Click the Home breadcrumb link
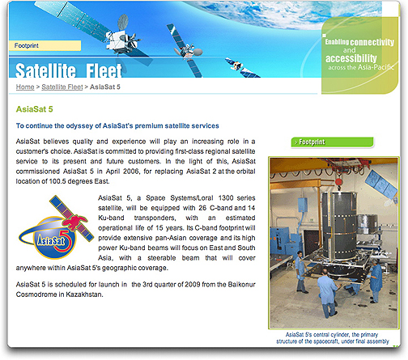click(x=25, y=87)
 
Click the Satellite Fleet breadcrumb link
click(x=62, y=87)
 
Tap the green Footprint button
click(x=332, y=142)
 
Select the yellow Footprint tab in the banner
click(x=45, y=45)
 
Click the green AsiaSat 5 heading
click(x=34, y=109)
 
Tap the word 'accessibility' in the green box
click(x=351, y=58)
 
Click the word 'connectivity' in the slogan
click(x=372, y=42)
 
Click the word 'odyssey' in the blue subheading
click(x=79, y=126)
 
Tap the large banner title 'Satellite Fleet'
click(x=69, y=70)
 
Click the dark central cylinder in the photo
click(x=339, y=224)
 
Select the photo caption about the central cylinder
click(x=332, y=338)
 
